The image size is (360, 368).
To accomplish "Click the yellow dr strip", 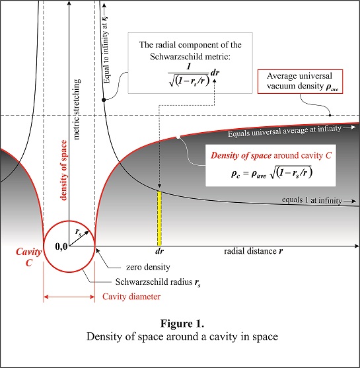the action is pos(159,219).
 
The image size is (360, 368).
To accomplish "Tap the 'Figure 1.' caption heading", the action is pos(182,324).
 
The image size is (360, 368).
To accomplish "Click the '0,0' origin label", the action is pos(61,246).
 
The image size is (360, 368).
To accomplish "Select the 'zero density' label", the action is pos(148,267).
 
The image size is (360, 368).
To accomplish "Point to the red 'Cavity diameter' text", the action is pos(131,297).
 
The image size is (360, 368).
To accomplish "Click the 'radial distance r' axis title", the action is pos(254,251).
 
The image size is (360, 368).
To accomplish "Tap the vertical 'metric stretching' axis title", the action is pos(77,110).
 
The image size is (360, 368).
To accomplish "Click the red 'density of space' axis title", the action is pos(63,170).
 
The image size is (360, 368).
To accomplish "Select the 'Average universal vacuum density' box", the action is pos(300,81).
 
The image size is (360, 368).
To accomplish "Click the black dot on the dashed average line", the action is pos(330,115).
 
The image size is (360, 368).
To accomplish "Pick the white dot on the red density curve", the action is pos(178,137).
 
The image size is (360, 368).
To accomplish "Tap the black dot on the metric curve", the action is pos(104,100).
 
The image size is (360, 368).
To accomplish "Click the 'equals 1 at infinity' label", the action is pos(312,200).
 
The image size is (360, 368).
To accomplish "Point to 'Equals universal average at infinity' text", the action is pos(285,131).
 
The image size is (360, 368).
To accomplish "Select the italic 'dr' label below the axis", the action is pos(159,251).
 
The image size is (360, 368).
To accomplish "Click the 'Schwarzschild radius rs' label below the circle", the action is pos(158,282).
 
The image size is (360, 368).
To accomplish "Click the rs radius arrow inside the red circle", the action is pos(79,239).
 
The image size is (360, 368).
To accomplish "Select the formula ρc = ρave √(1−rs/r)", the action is pos(271,172).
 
